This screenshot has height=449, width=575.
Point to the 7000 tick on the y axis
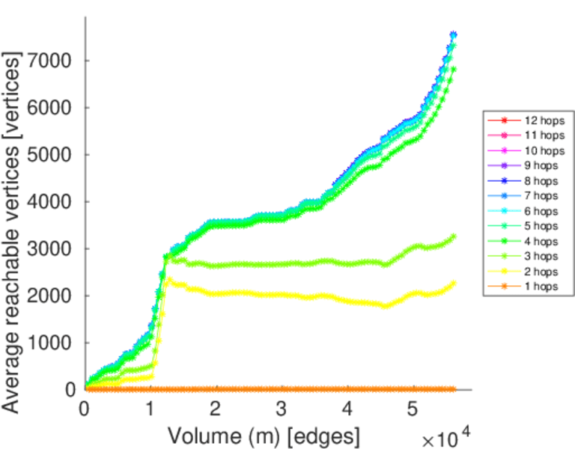pyautogui.click(x=51, y=61)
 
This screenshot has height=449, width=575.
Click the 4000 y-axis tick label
pyautogui.click(x=51, y=202)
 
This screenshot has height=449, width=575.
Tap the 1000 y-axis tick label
pyautogui.click(x=51, y=343)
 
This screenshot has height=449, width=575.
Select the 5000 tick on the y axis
pyautogui.click(x=51, y=155)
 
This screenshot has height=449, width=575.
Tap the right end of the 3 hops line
pyautogui.click(x=454, y=237)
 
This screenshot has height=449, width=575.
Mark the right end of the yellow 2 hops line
pyautogui.click(x=454, y=283)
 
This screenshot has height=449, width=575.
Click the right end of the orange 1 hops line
pyautogui.click(x=454, y=389)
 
